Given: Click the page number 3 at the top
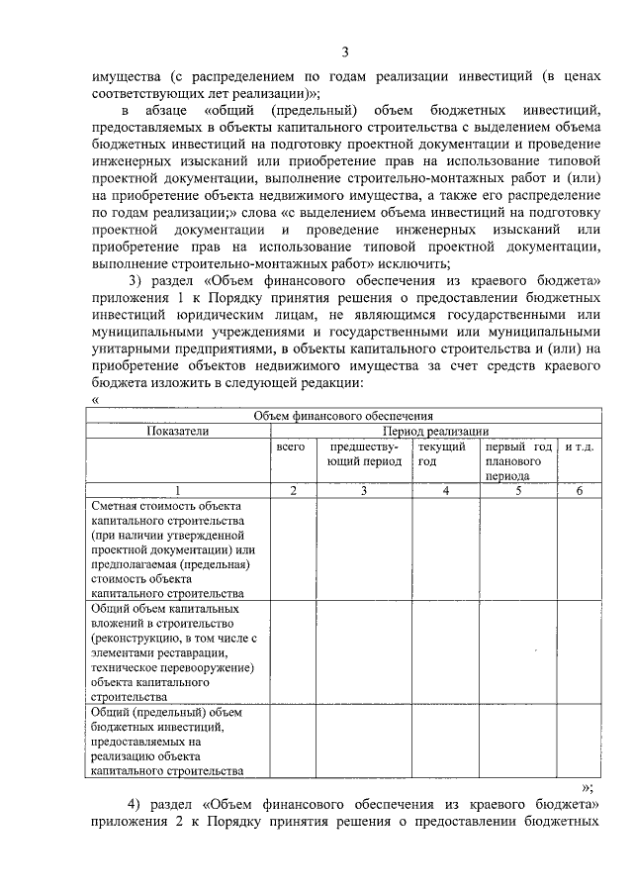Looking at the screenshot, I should [344, 52].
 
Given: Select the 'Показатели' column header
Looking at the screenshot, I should [178, 431].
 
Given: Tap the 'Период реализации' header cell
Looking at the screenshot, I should [436, 431].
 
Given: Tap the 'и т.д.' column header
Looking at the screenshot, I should [579, 448].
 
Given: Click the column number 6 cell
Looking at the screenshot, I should [579, 490].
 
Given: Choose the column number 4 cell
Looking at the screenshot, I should [445, 490].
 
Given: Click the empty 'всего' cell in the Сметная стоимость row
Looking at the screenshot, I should [294, 548].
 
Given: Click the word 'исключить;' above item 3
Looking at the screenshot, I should [416, 262].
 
